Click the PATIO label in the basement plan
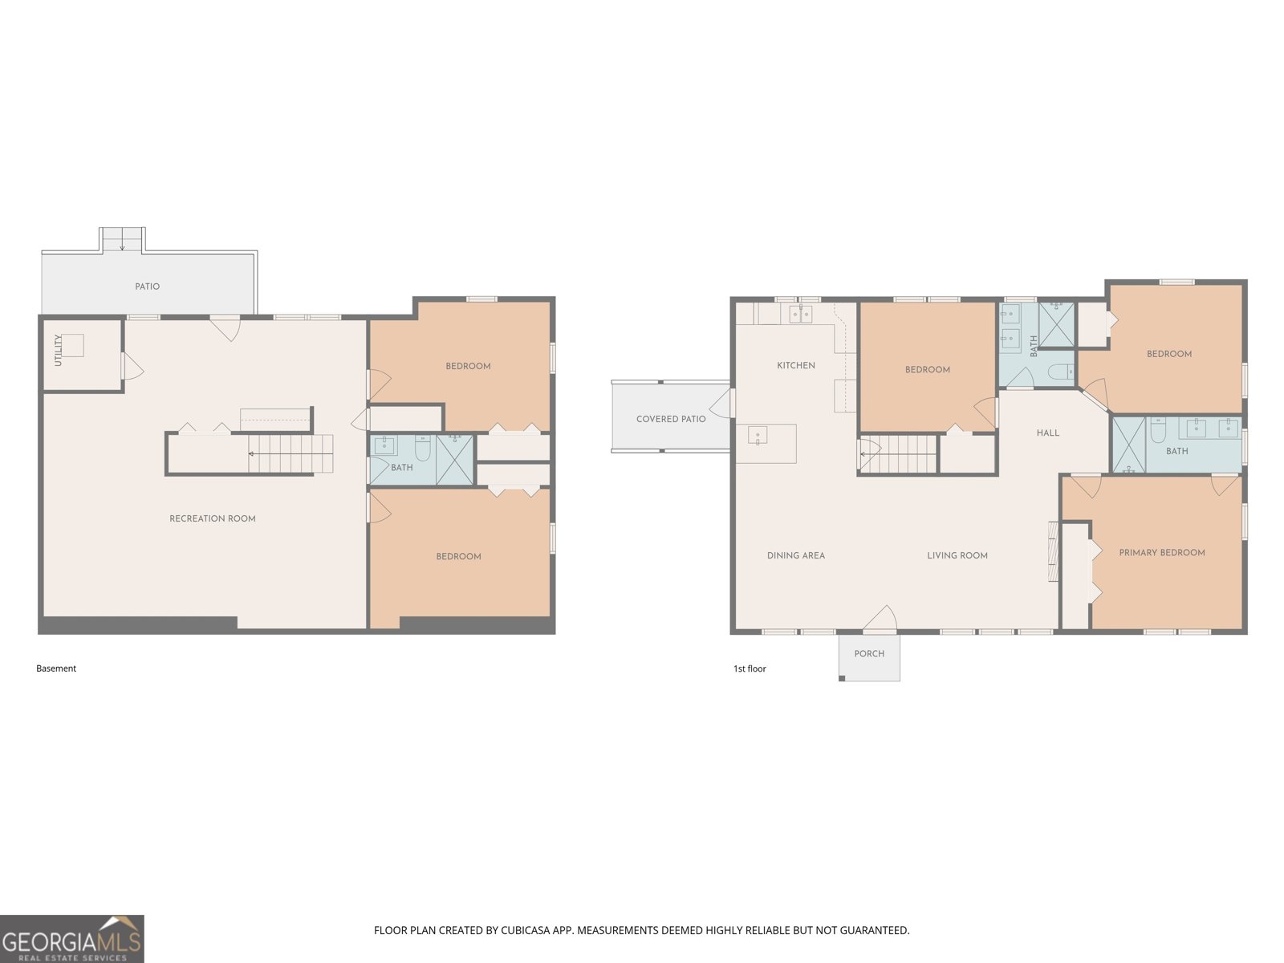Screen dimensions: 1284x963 [147, 286]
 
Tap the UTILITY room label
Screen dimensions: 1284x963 [58, 350]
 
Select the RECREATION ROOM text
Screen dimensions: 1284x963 [213, 518]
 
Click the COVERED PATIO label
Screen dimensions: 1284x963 [671, 419]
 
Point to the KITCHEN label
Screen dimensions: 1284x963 [795, 365]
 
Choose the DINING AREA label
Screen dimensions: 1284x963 [795, 555]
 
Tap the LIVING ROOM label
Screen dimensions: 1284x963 [957, 555]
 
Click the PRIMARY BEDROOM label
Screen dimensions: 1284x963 [1162, 553]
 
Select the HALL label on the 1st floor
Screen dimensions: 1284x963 [1048, 433]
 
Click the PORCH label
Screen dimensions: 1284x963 [869, 654]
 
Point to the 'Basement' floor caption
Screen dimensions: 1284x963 [56, 668]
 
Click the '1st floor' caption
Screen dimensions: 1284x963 [750, 668]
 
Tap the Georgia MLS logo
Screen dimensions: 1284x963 [72, 938]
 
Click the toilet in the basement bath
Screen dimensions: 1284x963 [422, 447]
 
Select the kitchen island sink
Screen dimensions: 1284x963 [758, 436]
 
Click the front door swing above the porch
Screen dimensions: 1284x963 [880, 620]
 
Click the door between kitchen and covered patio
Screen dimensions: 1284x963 [721, 403]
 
